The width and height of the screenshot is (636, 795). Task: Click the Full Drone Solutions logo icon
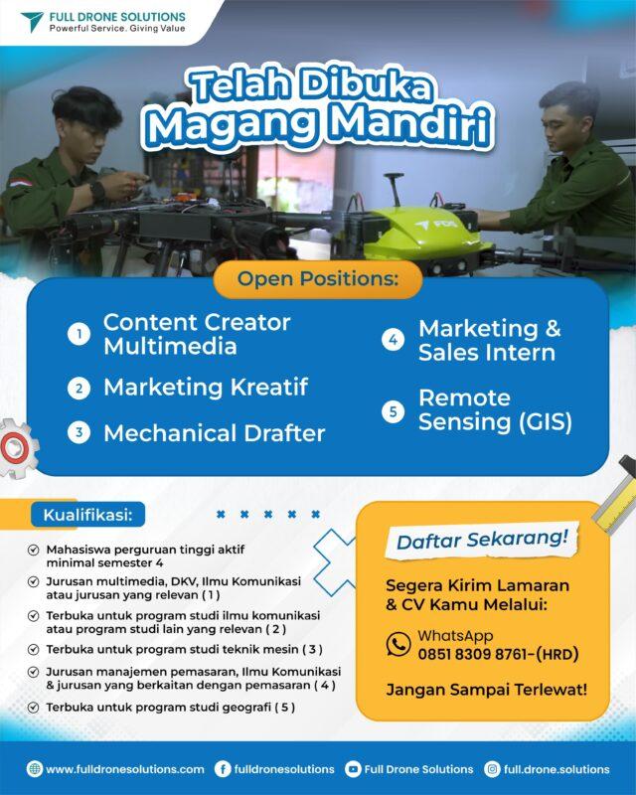pos(32,22)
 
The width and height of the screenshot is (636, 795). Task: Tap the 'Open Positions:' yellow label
pos(317,279)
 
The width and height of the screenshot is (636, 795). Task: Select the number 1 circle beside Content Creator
pos(79,335)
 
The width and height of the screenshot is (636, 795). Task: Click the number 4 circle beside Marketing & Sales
pos(394,340)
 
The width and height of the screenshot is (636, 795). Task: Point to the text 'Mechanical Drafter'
pos(214,433)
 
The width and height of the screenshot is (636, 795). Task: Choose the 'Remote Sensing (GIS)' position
pos(495,409)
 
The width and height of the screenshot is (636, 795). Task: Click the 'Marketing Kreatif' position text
pos(205,387)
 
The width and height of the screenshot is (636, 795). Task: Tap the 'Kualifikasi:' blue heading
pos(87,515)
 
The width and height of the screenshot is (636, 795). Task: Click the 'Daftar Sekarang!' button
pos(482,540)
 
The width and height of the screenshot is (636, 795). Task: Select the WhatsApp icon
pos(398,644)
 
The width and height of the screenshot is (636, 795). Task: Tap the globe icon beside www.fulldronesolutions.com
pos(35,769)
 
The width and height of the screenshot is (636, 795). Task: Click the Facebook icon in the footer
pos(223,769)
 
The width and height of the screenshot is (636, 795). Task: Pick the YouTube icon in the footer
pos(353,769)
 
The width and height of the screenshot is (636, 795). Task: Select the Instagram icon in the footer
pos(492,769)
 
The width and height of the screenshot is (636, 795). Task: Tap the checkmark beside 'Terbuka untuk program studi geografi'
pos(34,708)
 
